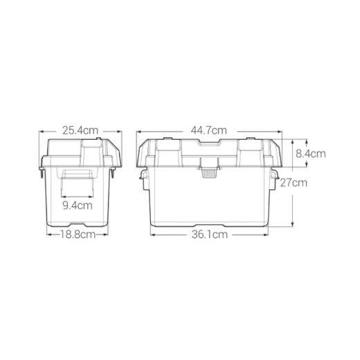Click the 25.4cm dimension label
pyautogui.click(x=80, y=131)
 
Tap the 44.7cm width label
pyautogui.click(x=209, y=131)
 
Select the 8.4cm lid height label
pyautogui.click(x=311, y=154)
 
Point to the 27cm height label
pyautogui.click(x=294, y=183)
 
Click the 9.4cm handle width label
pyautogui.click(x=78, y=206)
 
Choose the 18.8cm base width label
pyautogui.click(x=78, y=235)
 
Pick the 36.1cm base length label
pyautogui.click(x=210, y=235)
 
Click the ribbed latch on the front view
pyautogui.click(x=210, y=173)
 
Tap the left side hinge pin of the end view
pyautogui.click(x=42, y=172)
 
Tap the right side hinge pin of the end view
pyautogui.click(x=113, y=172)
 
